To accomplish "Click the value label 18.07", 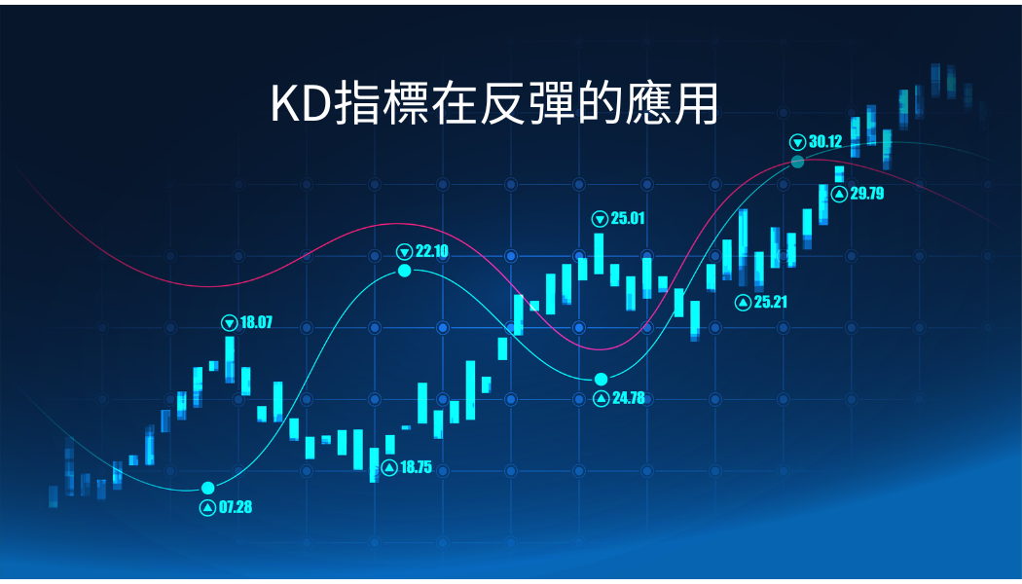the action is click(256, 322).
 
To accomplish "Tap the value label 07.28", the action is click(236, 507).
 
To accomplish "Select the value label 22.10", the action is click(432, 251).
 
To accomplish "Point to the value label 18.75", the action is click(416, 467).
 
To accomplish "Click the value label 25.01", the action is click(628, 218).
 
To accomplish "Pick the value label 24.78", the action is click(629, 397).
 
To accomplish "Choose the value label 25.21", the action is click(771, 302).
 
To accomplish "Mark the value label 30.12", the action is click(825, 141).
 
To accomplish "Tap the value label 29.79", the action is click(867, 194).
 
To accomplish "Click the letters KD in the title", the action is click(300, 103).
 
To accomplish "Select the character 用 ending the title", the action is click(696, 103).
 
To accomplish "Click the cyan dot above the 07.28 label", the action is click(208, 489).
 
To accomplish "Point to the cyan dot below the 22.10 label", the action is click(405, 270).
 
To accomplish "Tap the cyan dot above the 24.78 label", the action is click(601, 380).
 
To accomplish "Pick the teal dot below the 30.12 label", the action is click(798, 162).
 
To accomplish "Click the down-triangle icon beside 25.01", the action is click(600, 219).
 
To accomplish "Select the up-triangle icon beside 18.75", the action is click(389, 467).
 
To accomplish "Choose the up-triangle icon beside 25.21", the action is click(743, 303).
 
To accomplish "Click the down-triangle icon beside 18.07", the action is click(230, 322).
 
